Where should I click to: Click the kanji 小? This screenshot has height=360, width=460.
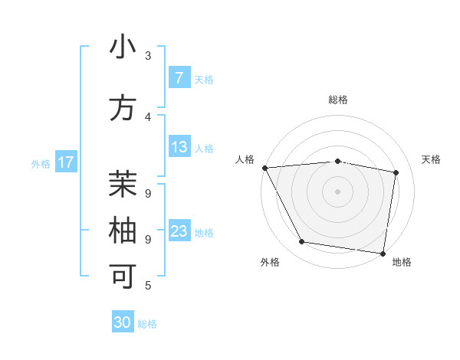tap(123, 47)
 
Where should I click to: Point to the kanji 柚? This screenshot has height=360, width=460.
tap(123, 230)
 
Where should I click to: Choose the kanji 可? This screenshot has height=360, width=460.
tap(123, 276)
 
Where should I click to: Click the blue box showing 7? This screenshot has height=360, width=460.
tap(179, 78)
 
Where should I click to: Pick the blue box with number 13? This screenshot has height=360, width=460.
tap(179, 147)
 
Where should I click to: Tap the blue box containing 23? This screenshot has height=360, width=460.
tap(179, 231)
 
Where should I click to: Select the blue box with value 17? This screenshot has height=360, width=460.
tap(66, 162)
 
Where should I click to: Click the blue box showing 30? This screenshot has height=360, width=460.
tap(123, 322)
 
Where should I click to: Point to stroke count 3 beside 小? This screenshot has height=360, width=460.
tap(148, 55)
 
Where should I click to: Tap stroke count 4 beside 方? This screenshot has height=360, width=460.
tap(148, 116)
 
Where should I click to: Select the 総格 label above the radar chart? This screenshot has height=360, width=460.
tap(338, 100)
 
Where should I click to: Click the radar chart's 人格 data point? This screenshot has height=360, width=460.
tap(264, 167)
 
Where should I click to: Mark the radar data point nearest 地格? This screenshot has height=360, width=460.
tap(383, 253)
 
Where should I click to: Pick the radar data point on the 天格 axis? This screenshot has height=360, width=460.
tap(396, 172)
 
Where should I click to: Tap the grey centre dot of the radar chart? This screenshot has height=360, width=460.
tap(338, 191)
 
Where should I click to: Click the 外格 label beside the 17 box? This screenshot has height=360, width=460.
tap(41, 163)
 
